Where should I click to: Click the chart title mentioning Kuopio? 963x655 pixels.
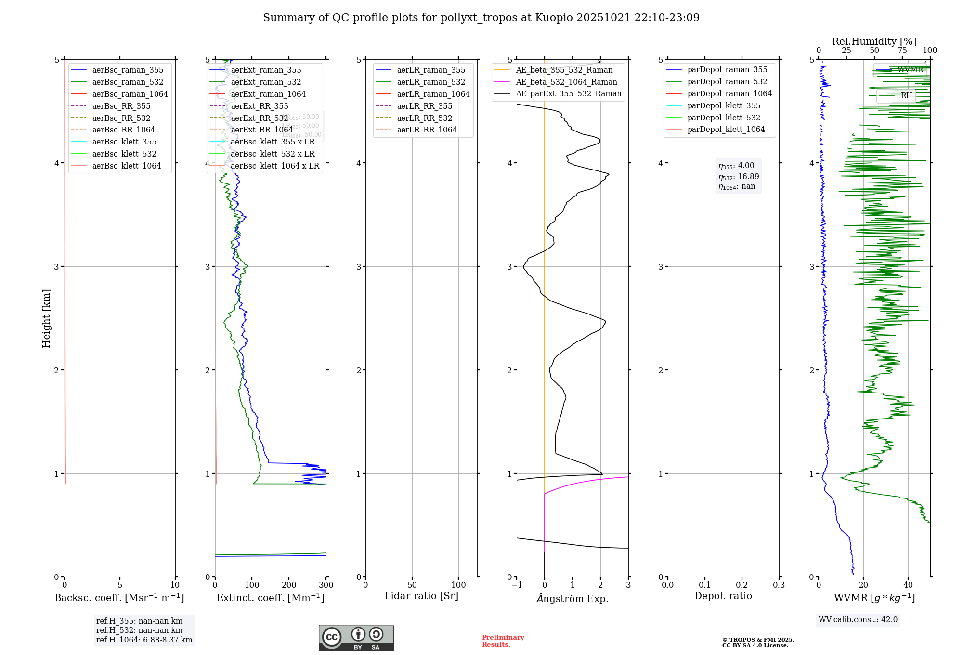(481, 18)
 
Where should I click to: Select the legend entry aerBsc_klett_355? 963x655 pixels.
(124, 142)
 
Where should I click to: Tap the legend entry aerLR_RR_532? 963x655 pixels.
(424, 118)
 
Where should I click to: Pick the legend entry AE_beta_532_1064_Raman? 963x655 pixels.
(566, 82)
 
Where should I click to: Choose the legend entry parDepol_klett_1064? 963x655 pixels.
(726, 129)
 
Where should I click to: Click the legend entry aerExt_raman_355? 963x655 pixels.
(266, 70)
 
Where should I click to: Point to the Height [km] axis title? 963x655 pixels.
(46, 318)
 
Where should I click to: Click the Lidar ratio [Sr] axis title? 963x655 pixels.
(421, 596)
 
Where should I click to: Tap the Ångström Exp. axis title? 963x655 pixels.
(573, 598)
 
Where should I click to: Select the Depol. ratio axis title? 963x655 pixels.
(723, 596)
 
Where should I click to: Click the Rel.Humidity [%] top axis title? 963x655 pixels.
(874, 41)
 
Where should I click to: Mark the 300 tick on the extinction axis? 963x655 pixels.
(326, 585)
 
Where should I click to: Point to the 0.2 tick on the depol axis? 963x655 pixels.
(742, 585)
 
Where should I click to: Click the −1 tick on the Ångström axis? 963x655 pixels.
(517, 585)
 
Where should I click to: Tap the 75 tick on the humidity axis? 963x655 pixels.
(902, 51)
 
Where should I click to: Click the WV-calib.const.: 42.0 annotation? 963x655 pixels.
(858, 619)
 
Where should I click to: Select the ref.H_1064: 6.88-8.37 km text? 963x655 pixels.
(144, 640)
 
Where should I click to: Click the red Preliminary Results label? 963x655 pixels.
(503, 641)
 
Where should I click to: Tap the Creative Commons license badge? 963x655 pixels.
(356, 638)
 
